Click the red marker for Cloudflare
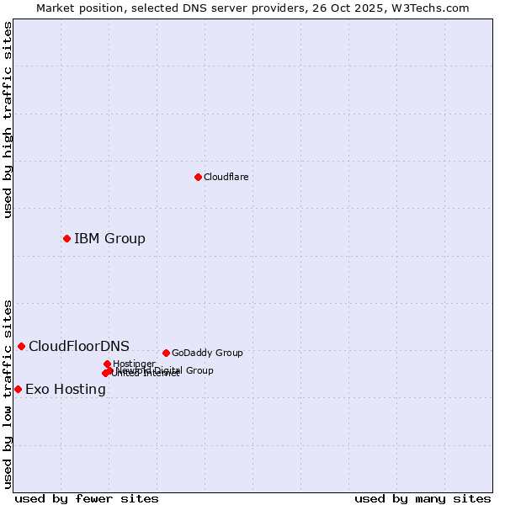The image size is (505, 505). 198,177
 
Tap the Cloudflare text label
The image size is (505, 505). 226,177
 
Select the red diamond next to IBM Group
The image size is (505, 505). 66,238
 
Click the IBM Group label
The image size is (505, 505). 109,238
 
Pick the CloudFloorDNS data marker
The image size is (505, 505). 21,346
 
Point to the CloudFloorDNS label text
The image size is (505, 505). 79,346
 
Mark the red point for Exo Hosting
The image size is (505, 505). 18,389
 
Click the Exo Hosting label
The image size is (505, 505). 66,389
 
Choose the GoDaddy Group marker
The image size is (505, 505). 166,353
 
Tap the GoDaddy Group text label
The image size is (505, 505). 207,353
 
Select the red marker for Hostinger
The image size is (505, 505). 107,364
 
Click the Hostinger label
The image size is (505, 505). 134,364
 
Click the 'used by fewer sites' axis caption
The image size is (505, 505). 87,498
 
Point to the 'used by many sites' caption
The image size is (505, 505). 423,498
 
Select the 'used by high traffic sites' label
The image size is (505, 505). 8,120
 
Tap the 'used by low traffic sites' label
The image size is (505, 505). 8,393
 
